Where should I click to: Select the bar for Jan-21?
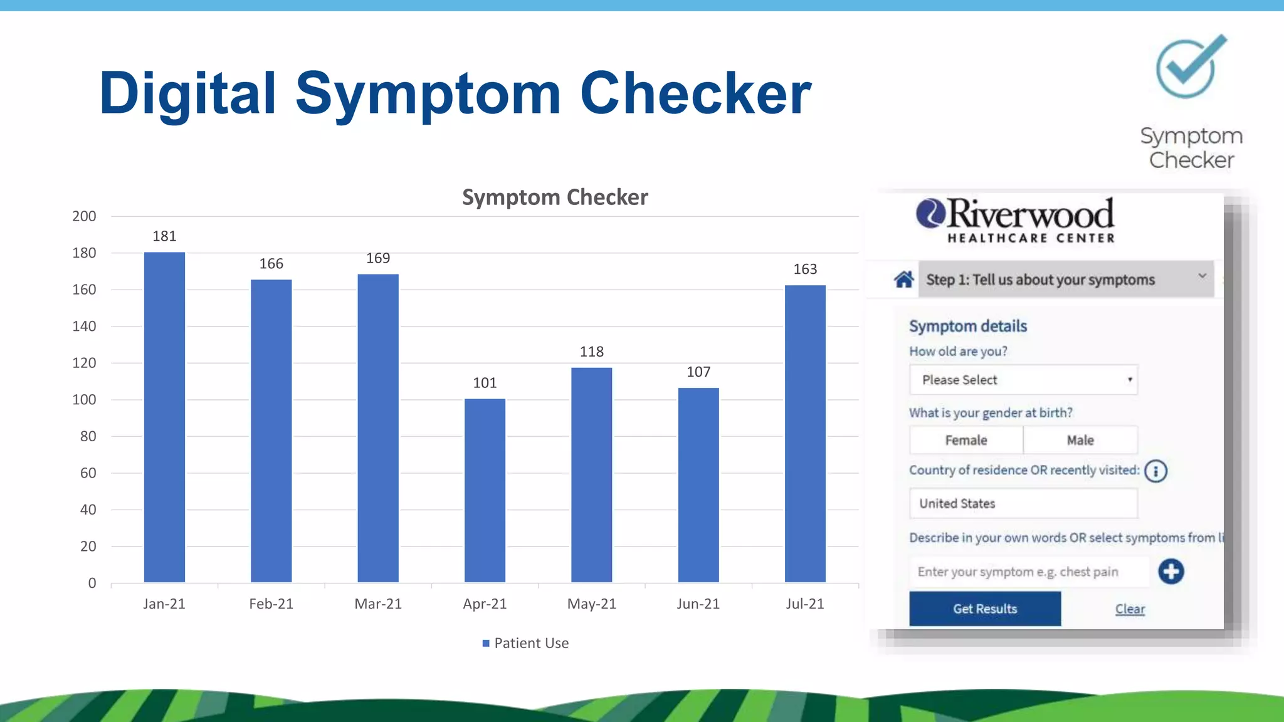point(164,417)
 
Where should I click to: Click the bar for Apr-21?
point(485,490)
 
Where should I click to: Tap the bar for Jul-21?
point(805,434)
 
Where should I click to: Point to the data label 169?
point(378,258)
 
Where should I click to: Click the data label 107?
point(698,372)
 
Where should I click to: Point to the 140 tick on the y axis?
point(84,327)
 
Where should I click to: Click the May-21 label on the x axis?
point(591,604)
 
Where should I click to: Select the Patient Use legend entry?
point(525,643)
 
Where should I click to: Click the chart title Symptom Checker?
point(555,197)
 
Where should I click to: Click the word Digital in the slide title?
point(187,94)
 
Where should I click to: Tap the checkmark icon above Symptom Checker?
point(1189,67)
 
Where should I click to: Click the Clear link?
point(1130,609)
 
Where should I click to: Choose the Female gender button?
point(966,441)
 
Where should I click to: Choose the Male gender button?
point(1080,441)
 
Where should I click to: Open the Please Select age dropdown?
point(1023,380)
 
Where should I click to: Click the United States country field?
point(1023,504)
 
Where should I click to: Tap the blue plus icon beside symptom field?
point(1171,572)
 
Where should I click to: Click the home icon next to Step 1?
point(903,280)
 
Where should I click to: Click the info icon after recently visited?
point(1155,471)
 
